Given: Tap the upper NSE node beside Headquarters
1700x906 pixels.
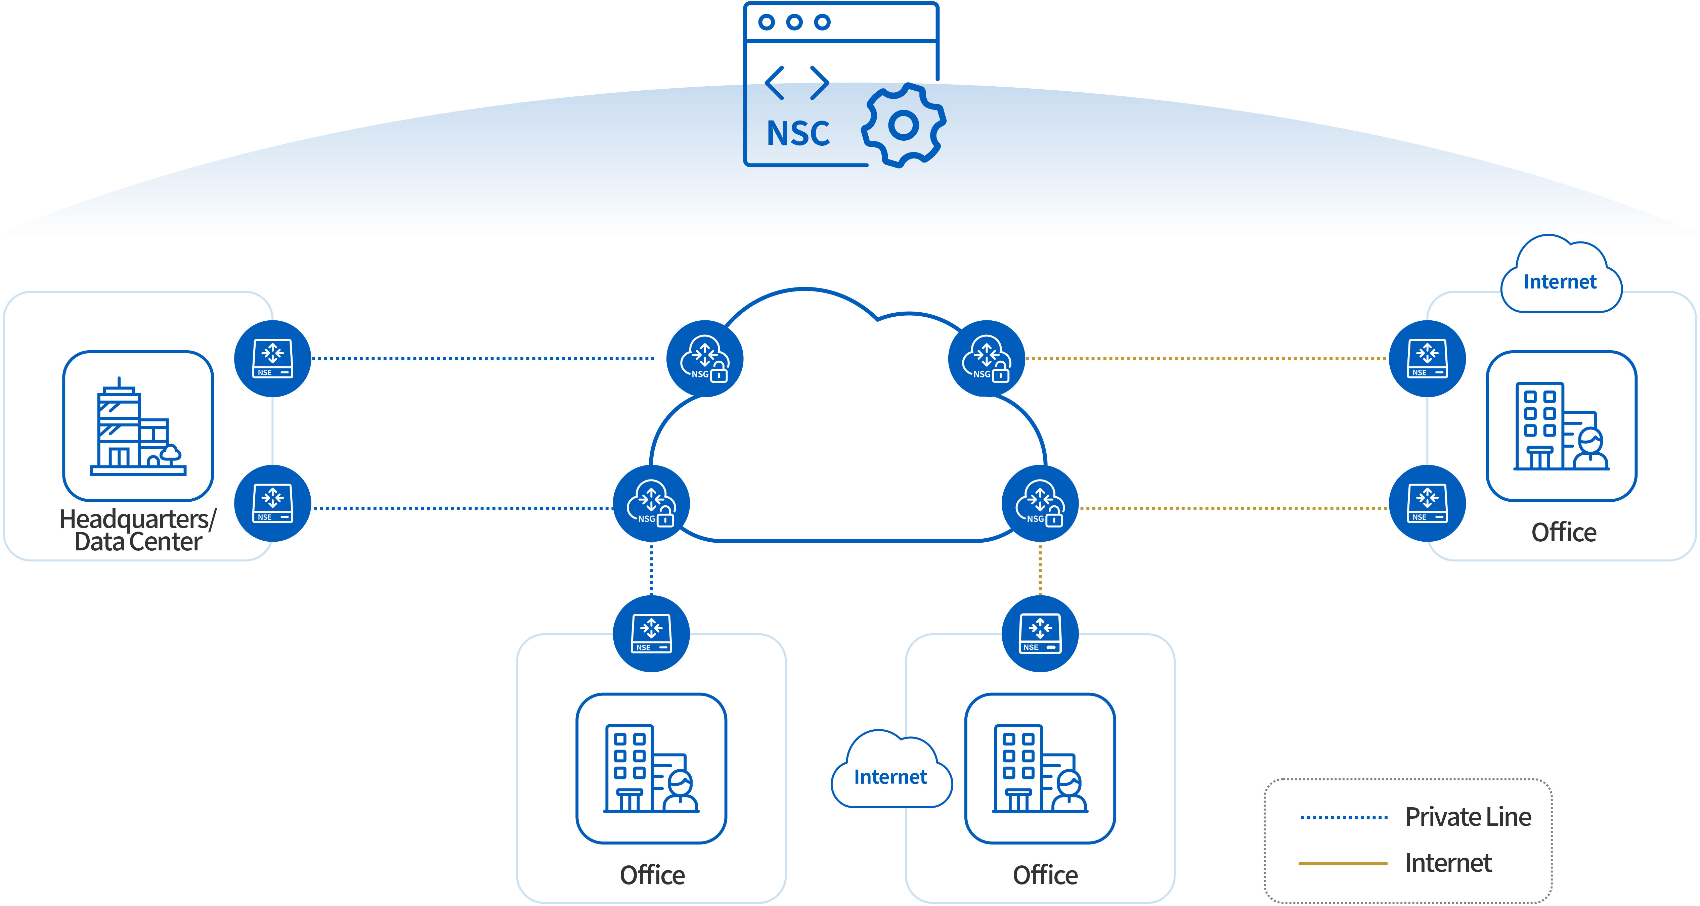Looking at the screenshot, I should click(x=272, y=358).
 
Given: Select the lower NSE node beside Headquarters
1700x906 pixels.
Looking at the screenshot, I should click(x=272, y=503).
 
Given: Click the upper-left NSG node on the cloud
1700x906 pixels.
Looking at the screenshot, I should click(x=705, y=358).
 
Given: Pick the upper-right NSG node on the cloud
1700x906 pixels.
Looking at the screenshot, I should click(x=987, y=358).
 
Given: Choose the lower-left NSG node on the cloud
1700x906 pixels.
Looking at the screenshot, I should click(x=651, y=503).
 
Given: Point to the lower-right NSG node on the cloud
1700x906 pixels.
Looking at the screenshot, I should click(x=1040, y=503).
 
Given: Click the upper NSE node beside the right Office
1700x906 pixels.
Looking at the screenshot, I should click(x=1428, y=358).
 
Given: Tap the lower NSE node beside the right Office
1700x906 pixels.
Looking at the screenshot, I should click(x=1428, y=503).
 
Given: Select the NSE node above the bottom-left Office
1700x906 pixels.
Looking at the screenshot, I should click(x=651, y=633).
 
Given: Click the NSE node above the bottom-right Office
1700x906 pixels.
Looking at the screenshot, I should click(x=1040, y=633).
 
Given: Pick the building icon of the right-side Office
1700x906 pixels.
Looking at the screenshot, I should click(x=1561, y=425).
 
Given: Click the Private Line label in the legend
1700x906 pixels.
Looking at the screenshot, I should click(x=1468, y=817).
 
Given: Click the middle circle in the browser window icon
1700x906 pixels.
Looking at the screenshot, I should click(x=794, y=22).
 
